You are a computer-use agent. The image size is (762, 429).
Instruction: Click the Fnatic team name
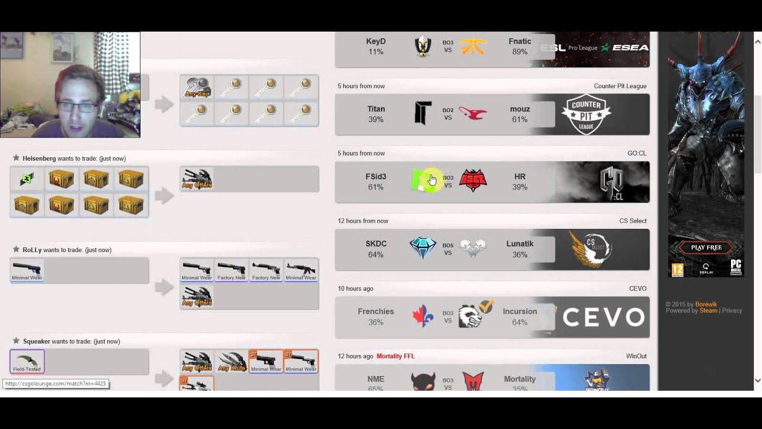point(520,42)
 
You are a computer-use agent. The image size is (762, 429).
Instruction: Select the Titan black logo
point(423,113)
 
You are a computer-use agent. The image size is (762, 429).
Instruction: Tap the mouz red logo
point(473,113)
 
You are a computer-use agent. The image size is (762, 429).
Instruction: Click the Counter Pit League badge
point(586,114)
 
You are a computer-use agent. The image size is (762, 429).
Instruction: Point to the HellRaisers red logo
point(473,181)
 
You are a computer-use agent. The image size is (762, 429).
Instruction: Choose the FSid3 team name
point(376,176)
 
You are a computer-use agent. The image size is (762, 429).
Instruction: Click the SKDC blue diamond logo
point(423,248)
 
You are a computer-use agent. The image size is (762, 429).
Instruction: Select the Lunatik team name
point(520,244)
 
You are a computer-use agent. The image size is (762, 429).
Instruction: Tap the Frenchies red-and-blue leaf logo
point(423,316)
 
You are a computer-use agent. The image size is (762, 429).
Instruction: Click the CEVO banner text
point(603,317)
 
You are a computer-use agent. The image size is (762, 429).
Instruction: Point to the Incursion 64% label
point(520,322)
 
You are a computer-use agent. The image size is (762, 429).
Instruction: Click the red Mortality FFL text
point(395,356)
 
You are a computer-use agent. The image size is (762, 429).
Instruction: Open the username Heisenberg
point(39,158)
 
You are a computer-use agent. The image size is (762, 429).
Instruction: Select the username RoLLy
point(32,250)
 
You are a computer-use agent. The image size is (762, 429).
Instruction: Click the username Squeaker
point(36,341)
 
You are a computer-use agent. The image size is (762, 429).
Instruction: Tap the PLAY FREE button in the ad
point(706,247)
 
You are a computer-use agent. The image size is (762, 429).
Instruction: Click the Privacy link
point(732,310)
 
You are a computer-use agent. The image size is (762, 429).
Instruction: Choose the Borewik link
point(706,304)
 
